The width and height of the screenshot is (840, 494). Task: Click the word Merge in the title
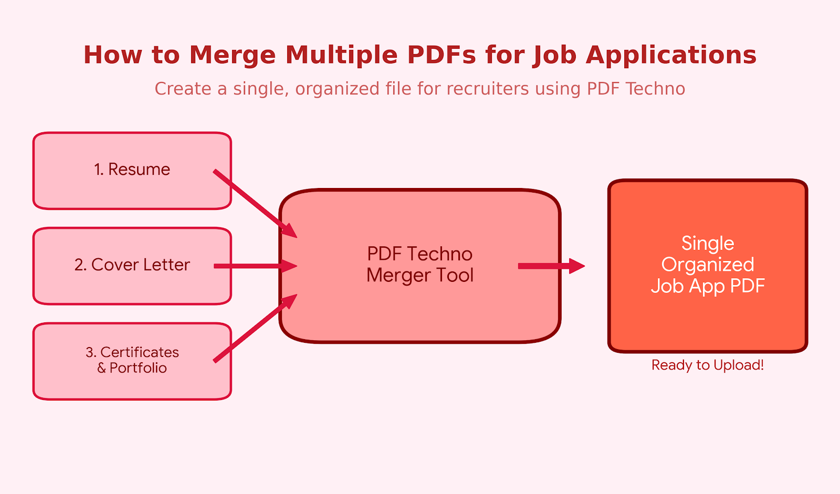pos(232,55)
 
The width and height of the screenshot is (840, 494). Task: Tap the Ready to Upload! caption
pos(708,365)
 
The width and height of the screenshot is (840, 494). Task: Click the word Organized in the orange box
pos(708,265)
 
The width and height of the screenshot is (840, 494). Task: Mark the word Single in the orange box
pos(708,243)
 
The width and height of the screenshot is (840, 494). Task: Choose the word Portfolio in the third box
pos(138,368)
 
